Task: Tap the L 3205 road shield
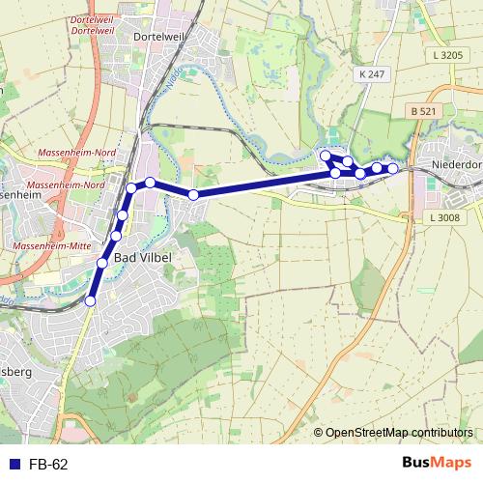coord(448,56)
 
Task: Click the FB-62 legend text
coord(47,465)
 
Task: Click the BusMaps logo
coord(436,464)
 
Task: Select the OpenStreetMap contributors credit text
coord(399,433)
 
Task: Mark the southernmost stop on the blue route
coord(91,301)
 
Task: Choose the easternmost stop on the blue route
coord(393,169)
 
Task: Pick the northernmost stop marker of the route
coord(326,155)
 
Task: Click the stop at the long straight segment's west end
coord(193,195)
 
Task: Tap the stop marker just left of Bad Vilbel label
coord(102,263)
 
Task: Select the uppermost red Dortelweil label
coord(94,17)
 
